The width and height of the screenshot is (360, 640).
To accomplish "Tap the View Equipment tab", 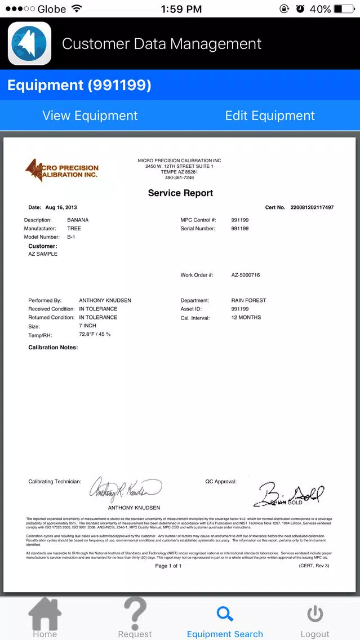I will [90, 115].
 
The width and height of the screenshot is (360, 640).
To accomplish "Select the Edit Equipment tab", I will [270, 115].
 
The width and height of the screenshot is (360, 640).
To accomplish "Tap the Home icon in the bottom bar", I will [45, 615].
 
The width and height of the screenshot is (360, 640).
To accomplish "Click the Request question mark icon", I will [135, 613].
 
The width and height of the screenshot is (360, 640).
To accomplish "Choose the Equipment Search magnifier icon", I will [225, 614].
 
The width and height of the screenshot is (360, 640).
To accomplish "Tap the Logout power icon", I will [315, 614].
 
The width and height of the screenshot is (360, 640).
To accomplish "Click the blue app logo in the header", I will [29, 43].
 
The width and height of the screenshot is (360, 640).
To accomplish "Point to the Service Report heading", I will [180, 193].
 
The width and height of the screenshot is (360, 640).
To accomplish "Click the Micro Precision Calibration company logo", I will [61, 171].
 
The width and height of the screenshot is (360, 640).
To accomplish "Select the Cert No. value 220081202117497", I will [312, 208].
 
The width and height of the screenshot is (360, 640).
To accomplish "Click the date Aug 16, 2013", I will [61, 208].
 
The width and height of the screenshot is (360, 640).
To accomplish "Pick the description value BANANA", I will [78, 220].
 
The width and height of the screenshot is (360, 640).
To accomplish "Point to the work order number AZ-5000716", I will [246, 275].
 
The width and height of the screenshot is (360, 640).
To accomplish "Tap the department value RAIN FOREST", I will [248, 300].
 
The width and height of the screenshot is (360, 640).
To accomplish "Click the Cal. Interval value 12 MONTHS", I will [246, 318].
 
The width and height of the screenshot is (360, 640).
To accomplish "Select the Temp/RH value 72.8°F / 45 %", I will [95, 335].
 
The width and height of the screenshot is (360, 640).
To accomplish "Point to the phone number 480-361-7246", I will [179, 178].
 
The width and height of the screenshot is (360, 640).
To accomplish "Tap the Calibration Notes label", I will [53, 348].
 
